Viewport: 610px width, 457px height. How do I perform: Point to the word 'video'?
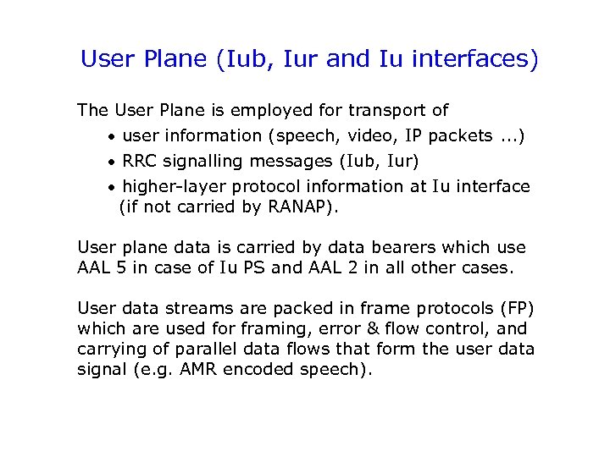pyautogui.click(x=363, y=135)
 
